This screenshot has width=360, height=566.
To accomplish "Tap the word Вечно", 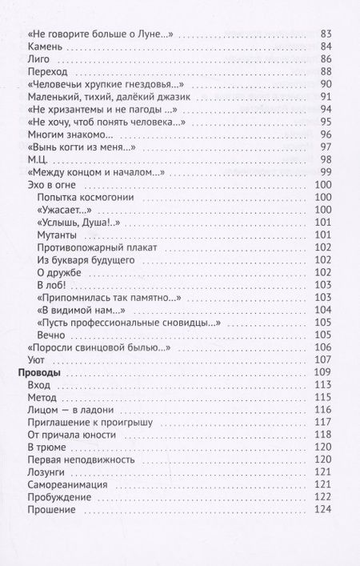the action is [51, 334].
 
